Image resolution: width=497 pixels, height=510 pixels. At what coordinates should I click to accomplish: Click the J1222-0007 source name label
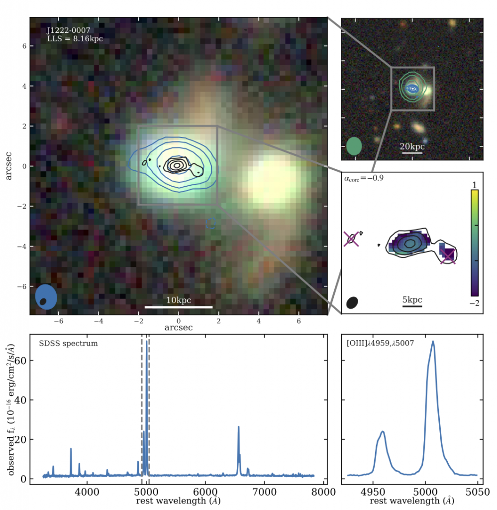[68, 30]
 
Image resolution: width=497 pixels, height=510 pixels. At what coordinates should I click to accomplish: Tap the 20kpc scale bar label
[412, 147]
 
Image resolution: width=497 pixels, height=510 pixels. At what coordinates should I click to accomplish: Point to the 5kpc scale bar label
[412, 300]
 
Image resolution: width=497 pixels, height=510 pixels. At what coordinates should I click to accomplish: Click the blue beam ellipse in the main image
[46, 298]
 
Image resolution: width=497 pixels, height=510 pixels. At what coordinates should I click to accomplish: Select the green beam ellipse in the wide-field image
[354, 146]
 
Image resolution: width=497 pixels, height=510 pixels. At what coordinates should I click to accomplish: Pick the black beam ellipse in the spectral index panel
[352, 302]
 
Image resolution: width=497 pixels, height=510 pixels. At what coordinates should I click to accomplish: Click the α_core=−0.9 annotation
[362, 178]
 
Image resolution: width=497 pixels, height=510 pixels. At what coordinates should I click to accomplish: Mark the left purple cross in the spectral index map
[351, 240]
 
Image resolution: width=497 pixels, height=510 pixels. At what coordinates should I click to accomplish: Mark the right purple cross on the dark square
[448, 255]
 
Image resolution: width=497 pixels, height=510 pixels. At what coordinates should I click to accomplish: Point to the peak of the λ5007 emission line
[433, 342]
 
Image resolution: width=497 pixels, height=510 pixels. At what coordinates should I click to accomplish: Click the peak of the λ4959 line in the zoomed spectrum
[383, 431]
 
